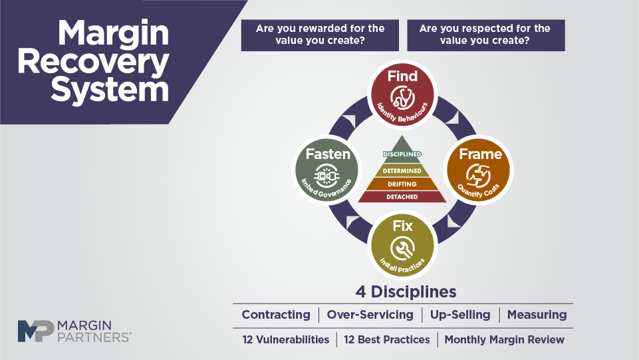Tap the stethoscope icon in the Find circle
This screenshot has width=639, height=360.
pyautogui.click(x=402, y=98)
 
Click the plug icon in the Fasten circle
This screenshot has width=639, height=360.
pyautogui.click(x=327, y=176)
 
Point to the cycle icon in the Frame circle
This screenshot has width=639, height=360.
pyautogui.click(x=479, y=176)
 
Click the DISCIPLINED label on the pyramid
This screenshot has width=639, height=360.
pyautogui.click(x=402, y=154)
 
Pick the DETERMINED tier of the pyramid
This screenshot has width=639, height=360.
pyautogui.click(x=402, y=171)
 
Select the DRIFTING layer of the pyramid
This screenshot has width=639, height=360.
pyautogui.click(x=402, y=184)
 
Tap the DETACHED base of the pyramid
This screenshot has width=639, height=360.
pyautogui.click(x=402, y=196)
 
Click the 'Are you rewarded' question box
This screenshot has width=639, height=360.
pyautogui.click(x=320, y=35)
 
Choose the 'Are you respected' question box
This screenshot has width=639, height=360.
pyautogui.click(x=486, y=35)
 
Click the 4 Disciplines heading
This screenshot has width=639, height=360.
pyautogui.click(x=406, y=292)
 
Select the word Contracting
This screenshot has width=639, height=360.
pyautogui.click(x=276, y=315)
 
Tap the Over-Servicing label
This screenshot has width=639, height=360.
pyautogui.click(x=370, y=315)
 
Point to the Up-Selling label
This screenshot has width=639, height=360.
pyautogui.click(x=460, y=315)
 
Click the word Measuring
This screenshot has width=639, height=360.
pyautogui.click(x=537, y=315)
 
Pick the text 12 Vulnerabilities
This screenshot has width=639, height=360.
pyautogui.click(x=286, y=339)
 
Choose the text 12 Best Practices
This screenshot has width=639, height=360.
pyautogui.click(x=387, y=339)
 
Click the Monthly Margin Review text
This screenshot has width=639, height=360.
pyautogui.click(x=504, y=339)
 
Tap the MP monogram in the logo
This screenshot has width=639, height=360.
pyautogui.click(x=36, y=331)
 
